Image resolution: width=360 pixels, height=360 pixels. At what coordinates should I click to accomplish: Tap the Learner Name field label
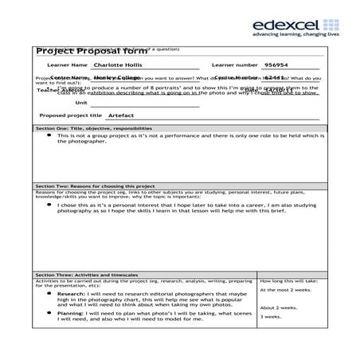click(67, 65)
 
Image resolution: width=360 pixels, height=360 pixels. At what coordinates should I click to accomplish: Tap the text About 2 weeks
click(280, 307)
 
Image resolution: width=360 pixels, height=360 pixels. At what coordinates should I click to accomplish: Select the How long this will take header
click(289, 281)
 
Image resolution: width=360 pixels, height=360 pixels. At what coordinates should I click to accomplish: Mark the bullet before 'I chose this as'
click(49, 205)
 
